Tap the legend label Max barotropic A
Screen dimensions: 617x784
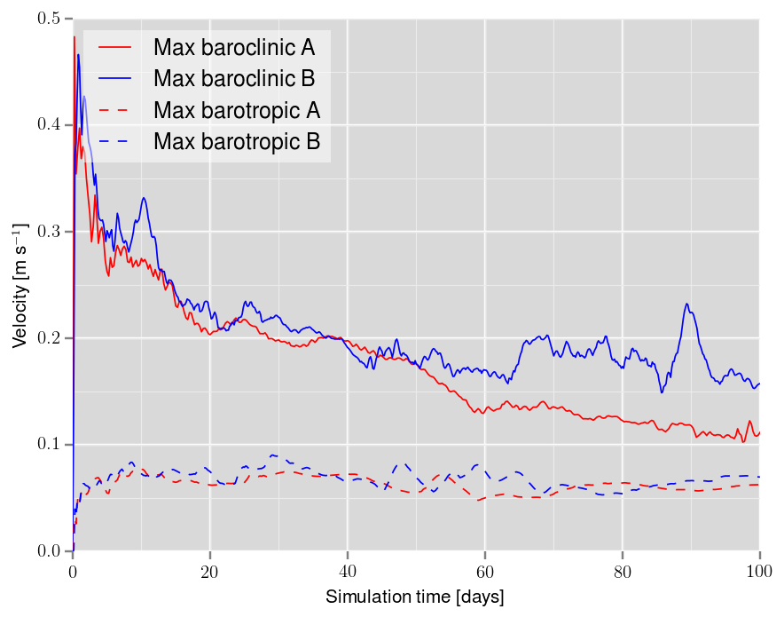236,110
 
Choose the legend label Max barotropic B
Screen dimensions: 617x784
236,141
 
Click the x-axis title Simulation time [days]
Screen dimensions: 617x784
415,597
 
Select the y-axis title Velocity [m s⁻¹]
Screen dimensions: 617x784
20,284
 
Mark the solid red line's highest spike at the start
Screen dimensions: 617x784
74,36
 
